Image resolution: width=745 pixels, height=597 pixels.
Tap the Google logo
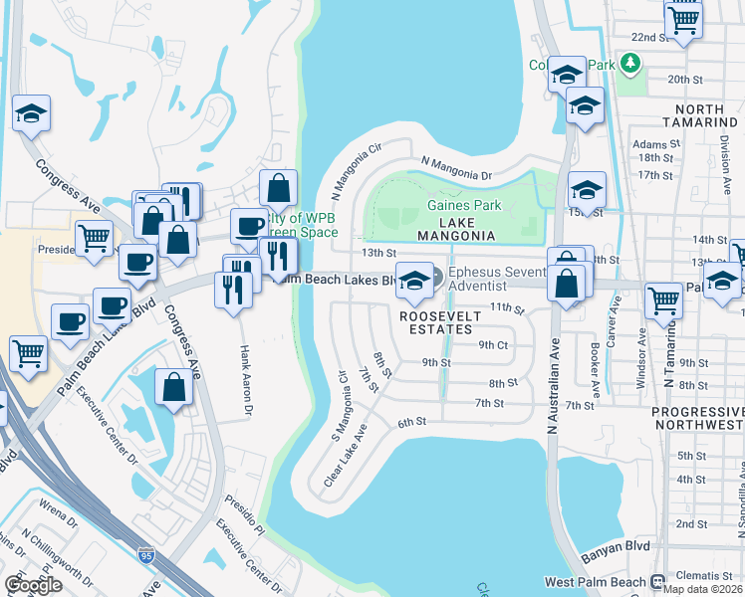[33, 585]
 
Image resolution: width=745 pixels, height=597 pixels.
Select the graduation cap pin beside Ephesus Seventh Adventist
[413, 282]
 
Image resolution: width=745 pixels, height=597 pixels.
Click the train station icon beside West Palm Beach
[657, 581]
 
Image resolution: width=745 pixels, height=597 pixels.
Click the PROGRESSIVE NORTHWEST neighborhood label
[697, 418]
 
